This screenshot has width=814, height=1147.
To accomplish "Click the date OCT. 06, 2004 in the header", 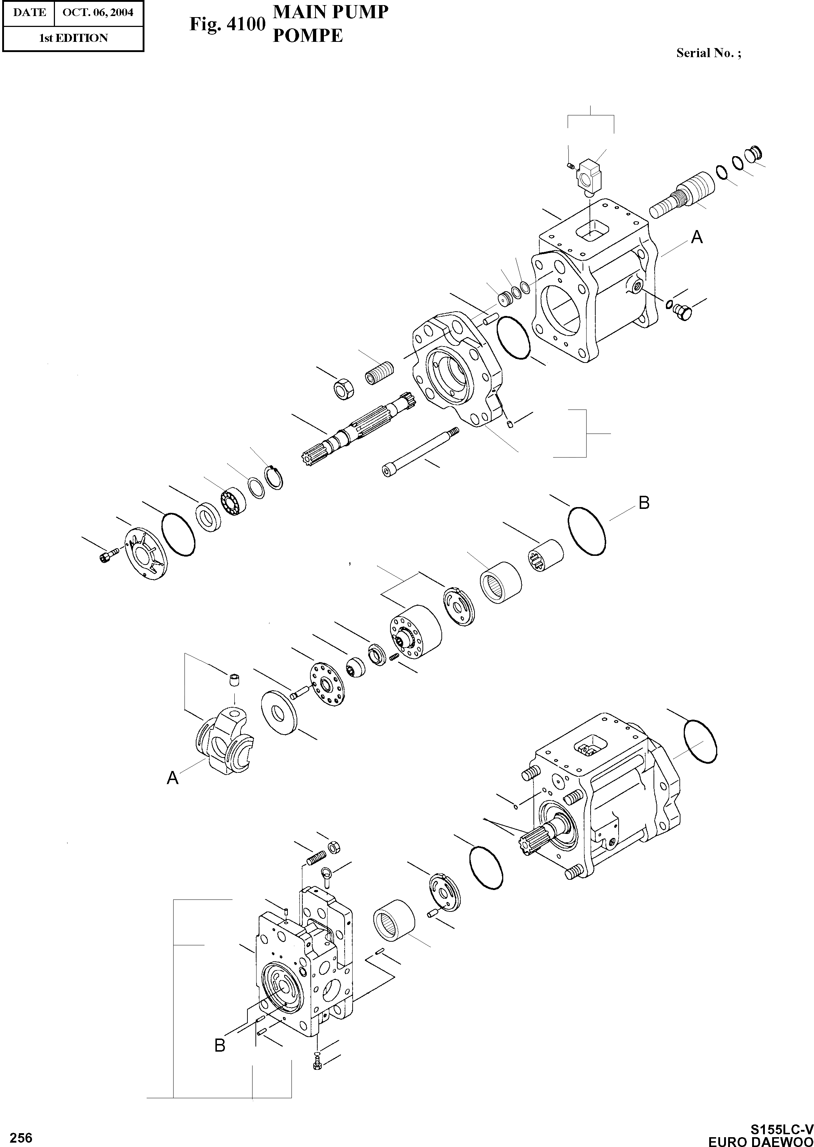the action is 98,12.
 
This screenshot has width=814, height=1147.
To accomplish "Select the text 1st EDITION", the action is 73,38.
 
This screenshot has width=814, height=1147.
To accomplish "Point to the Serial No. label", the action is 708,53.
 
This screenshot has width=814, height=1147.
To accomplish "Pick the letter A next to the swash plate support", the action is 172,778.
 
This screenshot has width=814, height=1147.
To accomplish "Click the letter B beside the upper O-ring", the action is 644,502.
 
